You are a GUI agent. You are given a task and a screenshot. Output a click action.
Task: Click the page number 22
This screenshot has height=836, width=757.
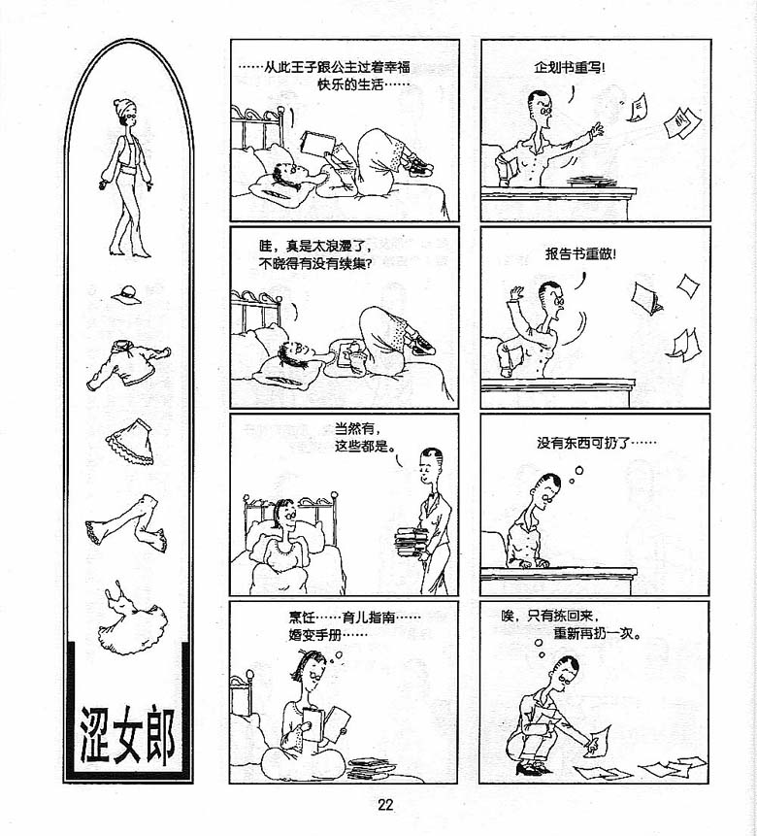point(385,805)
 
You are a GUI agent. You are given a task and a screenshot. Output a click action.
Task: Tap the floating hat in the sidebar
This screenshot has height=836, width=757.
point(127,295)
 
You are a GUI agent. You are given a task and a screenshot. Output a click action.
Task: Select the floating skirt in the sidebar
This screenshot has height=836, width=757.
point(130,442)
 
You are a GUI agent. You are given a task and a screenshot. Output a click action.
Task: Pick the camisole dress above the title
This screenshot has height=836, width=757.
point(132,619)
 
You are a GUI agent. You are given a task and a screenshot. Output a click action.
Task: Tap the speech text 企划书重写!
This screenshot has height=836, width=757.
point(570,68)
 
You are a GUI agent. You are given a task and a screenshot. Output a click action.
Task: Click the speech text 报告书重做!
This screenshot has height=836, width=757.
point(580,253)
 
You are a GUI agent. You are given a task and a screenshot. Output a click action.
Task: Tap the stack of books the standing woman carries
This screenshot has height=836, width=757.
point(411,544)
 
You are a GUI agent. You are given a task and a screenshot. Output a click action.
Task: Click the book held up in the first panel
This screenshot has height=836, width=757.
point(318,143)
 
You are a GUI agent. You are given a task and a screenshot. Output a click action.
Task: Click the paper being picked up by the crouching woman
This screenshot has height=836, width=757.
point(597,740)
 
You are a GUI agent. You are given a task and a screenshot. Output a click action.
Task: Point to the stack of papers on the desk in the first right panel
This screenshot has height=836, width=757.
point(591,183)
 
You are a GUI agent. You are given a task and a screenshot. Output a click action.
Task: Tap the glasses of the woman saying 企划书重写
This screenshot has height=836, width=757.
point(544,111)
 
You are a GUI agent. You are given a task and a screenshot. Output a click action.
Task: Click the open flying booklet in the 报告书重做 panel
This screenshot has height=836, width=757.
point(647,297)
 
